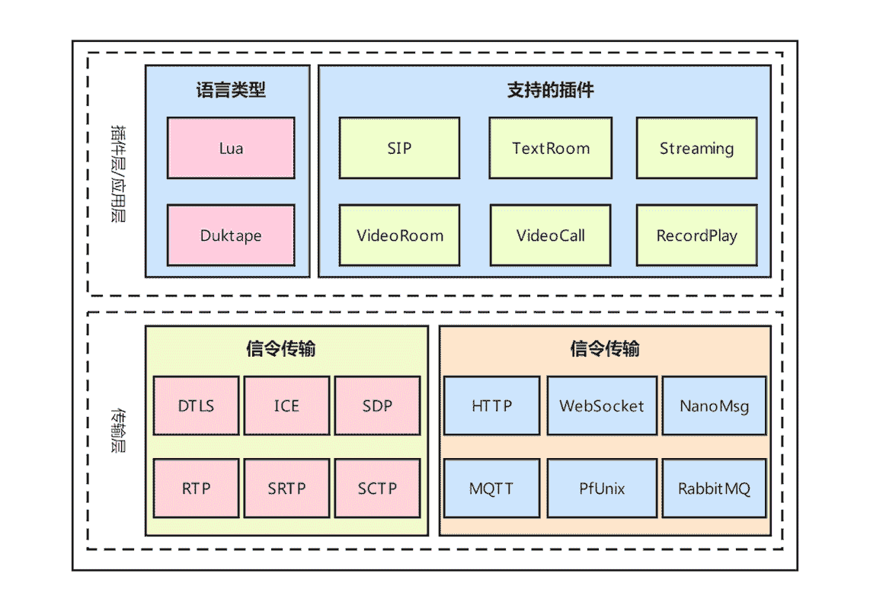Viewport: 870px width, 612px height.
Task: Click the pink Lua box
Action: [231, 148]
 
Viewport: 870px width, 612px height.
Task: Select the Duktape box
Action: [231, 236]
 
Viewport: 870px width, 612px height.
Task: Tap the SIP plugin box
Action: [399, 148]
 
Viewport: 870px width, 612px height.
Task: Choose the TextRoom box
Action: [550, 148]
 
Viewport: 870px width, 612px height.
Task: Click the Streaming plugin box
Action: [697, 148]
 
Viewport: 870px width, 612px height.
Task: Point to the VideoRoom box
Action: [399, 236]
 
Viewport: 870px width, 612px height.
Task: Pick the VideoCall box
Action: [550, 236]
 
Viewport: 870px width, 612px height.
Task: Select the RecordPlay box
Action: [697, 236]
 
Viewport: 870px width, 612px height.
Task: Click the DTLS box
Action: [197, 405]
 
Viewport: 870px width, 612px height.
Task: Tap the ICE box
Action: [287, 405]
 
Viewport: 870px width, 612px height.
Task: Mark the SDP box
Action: [377, 405]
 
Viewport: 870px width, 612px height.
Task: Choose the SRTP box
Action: [287, 489]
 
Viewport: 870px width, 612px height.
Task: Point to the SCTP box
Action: [377, 489]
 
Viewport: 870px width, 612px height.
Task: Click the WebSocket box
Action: [602, 405]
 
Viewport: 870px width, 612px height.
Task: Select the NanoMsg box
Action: [714, 405]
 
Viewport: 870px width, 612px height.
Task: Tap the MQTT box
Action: [491, 489]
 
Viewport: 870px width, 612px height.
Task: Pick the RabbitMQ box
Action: [714, 489]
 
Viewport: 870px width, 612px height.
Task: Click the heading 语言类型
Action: [231, 90]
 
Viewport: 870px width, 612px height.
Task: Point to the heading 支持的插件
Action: [550, 90]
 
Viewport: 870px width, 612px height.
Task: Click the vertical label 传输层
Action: [118, 431]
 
